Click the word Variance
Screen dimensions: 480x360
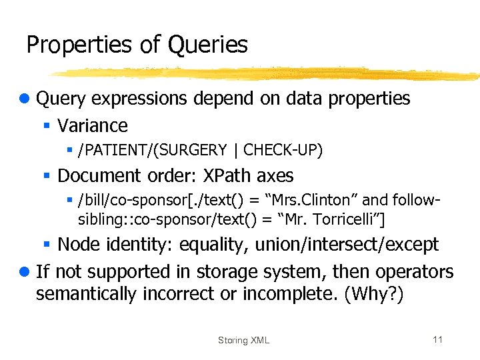point(93,125)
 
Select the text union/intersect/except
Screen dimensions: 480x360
point(353,244)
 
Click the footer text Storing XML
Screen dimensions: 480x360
point(243,340)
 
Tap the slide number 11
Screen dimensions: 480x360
point(437,339)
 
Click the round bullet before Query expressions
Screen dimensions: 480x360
point(25,99)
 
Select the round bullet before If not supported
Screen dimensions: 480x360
point(25,272)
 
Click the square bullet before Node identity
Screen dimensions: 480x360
point(47,245)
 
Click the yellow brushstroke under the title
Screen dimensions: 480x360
point(267,72)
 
